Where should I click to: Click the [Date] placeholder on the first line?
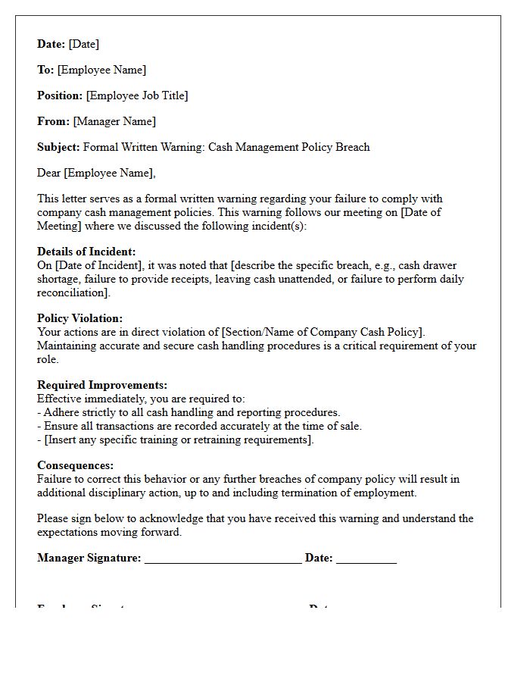pos(84,44)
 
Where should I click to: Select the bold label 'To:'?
pos(45,70)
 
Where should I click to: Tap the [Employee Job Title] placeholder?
pos(137,95)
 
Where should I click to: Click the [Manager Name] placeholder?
pos(114,121)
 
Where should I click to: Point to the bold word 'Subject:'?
pos(58,147)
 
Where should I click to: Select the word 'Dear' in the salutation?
pos(48,173)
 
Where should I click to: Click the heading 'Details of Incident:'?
pos(86,252)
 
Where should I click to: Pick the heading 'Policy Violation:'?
pos(79,318)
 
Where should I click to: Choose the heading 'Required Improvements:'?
pos(102,385)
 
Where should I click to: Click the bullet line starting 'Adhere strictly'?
pos(189,412)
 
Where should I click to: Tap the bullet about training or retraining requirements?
pos(176,440)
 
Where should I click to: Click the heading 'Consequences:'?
pos(75,465)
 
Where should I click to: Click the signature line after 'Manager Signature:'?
pos(223,559)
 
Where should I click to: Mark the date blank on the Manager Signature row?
pos(366,559)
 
